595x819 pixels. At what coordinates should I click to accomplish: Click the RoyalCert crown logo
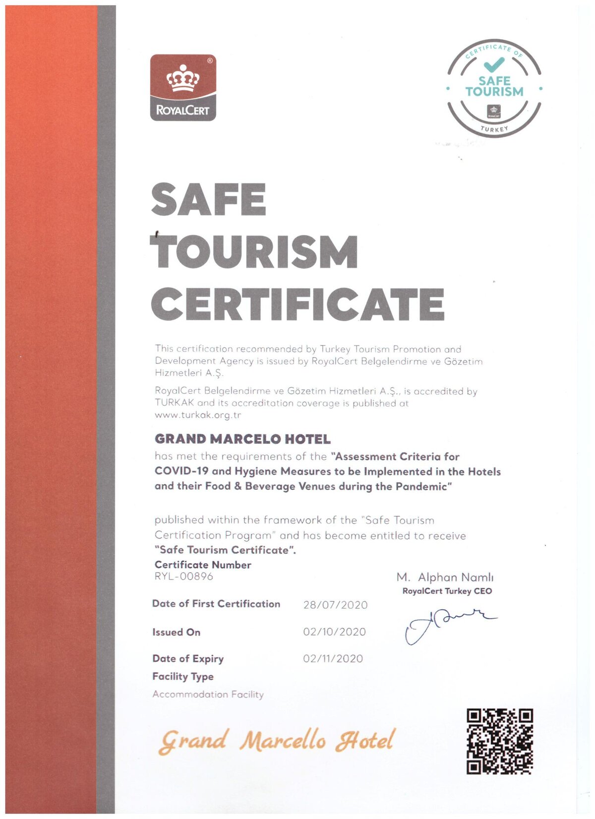(x=183, y=88)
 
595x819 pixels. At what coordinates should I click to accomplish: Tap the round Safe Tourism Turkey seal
(x=494, y=89)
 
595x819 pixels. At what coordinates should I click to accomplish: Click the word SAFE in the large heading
(x=209, y=199)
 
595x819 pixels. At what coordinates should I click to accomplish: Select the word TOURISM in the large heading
(x=254, y=251)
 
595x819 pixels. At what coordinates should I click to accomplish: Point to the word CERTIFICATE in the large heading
(x=297, y=304)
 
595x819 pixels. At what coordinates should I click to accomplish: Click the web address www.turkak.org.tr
(x=198, y=415)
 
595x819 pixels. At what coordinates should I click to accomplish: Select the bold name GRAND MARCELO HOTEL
(x=242, y=439)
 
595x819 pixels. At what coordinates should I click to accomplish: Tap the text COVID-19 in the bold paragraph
(x=181, y=471)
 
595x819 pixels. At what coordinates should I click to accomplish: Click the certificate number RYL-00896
(x=183, y=577)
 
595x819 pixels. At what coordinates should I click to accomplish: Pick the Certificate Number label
(x=203, y=565)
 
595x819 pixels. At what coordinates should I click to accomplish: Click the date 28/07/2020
(x=335, y=605)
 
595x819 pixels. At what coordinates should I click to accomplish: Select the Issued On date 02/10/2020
(x=334, y=632)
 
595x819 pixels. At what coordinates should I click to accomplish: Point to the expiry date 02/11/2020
(x=333, y=659)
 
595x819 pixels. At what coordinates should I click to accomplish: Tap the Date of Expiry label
(x=188, y=659)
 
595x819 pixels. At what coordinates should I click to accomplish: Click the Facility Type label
(x=183, y=677)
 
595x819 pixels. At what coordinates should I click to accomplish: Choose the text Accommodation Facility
(x=208, y=695)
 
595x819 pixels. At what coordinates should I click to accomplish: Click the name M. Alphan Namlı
(x=445, y=578)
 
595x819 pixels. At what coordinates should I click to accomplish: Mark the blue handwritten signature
(x=446, y=625)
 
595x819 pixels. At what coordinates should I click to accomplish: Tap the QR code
(x=499, y=742)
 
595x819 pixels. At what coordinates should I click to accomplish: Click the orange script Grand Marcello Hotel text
(x=277, y=741)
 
